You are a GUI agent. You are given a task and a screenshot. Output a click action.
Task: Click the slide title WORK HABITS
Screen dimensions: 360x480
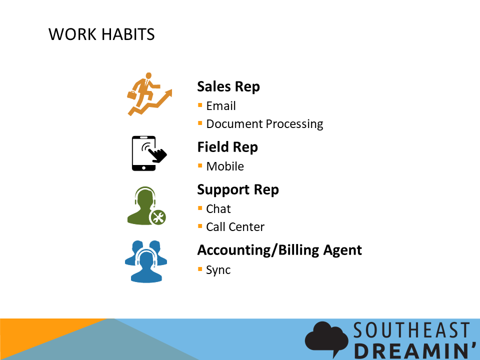tap(101, 34)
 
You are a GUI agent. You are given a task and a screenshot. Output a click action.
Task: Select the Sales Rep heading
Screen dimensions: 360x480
tap(228, 86)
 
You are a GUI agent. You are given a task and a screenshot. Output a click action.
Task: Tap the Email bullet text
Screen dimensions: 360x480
tap(220, 106)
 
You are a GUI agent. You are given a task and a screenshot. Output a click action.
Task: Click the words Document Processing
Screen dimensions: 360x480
tap(264, 124)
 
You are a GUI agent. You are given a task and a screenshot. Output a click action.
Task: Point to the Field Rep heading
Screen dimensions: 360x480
tap(227, 147)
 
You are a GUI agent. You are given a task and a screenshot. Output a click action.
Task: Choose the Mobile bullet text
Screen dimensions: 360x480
tap(225, 166)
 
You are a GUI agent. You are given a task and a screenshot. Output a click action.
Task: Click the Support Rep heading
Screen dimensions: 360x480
tap(238, 190)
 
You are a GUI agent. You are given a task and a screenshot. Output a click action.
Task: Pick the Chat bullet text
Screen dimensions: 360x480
tap(218, 209)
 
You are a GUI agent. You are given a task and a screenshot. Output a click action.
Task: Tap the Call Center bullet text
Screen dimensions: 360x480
tap(235, 227)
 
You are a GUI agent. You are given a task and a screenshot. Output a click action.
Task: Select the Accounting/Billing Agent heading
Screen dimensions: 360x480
tap(279, 250)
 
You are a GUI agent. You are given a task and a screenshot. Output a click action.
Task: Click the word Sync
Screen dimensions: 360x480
tap(218, 270)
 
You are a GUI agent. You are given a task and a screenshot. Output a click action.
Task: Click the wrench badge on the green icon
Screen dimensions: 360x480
tap(158, 217)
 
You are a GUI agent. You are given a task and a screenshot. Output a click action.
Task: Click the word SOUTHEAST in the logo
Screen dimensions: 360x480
tap(411, 330)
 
